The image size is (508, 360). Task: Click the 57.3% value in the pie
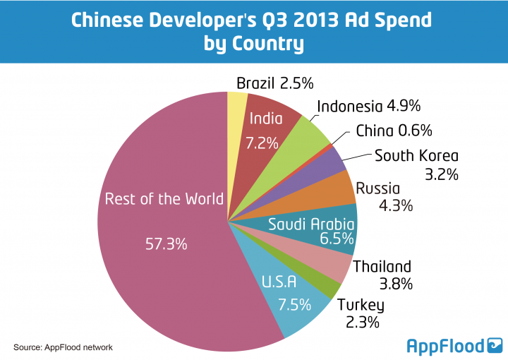tap(166, 244)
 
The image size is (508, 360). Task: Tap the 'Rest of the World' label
tap(164, 199)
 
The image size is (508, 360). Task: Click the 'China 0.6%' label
tap(394, 131)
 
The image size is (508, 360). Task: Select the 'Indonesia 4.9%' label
tap(369, 107)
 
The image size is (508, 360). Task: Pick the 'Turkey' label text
tap(361, 306)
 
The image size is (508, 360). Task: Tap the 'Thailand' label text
tap(382, 267)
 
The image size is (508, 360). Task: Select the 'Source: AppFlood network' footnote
tap(63, 347)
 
